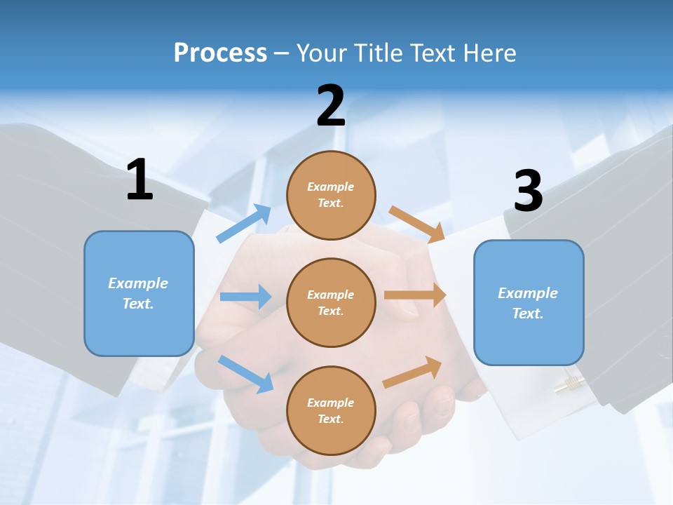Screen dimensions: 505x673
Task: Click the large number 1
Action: click(140, 180)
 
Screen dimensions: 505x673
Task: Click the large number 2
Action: click(331, 106)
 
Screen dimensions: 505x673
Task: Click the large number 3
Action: click(529, 191)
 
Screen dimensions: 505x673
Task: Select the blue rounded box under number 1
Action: click(139, 293)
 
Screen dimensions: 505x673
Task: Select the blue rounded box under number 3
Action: click(529, 302)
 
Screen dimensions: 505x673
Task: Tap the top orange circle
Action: click(331, 194)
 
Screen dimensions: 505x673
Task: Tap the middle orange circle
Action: click(331, 302)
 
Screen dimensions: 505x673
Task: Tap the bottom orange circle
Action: click(331, 410)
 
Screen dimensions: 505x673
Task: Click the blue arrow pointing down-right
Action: click(245, 374)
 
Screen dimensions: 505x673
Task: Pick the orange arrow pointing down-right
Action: click(417, 224)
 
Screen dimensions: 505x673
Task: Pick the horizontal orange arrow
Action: click(415, 295)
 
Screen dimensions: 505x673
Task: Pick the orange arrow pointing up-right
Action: click(412, 372)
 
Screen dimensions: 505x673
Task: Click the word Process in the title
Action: click(220, 53)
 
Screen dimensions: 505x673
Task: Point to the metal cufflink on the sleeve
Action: click(569, 384)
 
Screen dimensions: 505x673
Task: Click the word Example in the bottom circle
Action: click(331, 403)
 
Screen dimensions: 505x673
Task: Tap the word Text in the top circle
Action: click(329, 203)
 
